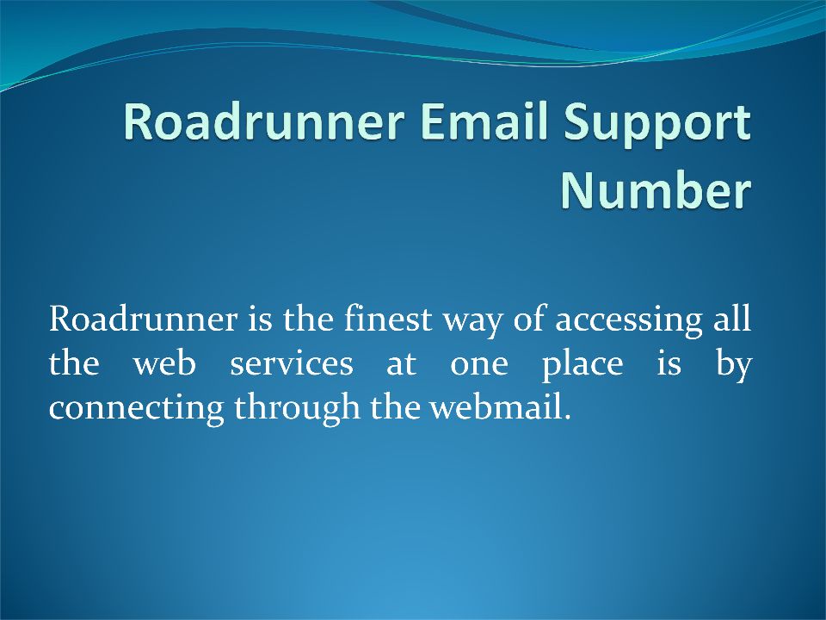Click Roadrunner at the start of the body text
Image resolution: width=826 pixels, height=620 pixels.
pyautogui.click(x=143, y=319)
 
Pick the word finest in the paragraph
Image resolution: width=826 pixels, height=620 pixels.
pyautogui.click(x=388, y=318)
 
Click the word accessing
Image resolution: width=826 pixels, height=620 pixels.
pyautogui.click(x=629, y=321)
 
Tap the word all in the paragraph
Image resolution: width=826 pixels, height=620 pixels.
pyautogui.click(x=732, y=318)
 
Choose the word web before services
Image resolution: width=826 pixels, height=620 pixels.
pyautogui.click(x=164, y=363)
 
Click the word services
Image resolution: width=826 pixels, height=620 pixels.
pyautogui.click(x=292, y=364)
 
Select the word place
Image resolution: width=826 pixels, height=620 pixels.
pyautogui.click(x=583, y=366)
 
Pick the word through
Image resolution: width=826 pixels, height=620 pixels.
pyautogui.click(x=297, y=408)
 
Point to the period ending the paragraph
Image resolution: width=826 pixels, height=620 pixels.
pyautogui.click(x=566, y=418)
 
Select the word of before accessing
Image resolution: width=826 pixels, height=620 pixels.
pyautogui.click(x=529, y=318)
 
